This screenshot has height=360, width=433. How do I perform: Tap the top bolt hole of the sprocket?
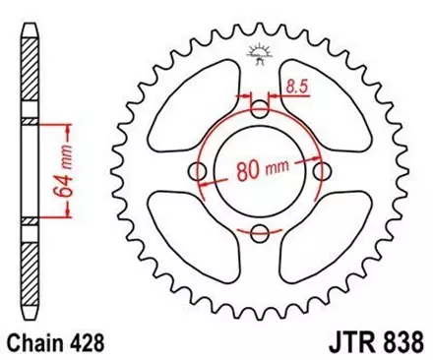click(260, 108)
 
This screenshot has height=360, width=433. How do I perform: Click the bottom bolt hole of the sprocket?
click(260, 233)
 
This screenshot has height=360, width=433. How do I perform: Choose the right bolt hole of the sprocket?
click(322, 171)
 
